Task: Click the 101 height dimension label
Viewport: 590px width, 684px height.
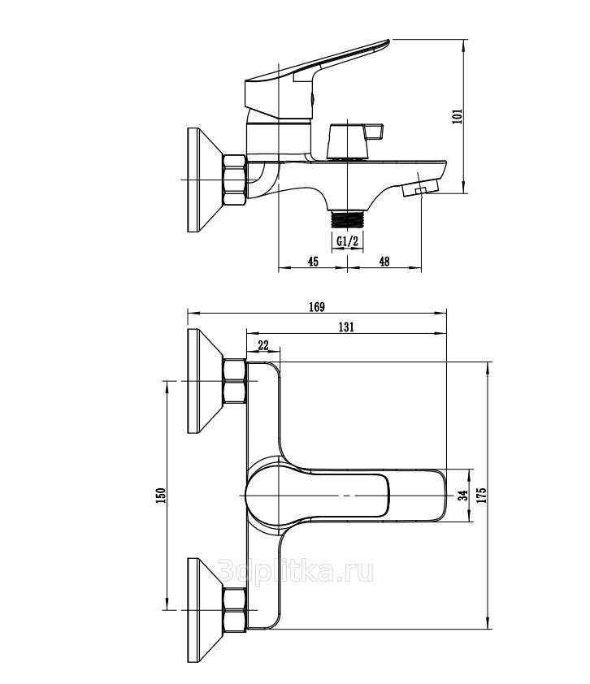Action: coord(457,116)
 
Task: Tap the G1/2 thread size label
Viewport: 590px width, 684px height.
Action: coord(347,240)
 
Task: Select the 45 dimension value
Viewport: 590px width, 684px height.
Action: coord(313,262)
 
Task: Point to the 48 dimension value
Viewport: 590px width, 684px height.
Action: coord(384,262)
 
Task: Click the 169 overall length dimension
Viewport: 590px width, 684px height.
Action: coord(317,307)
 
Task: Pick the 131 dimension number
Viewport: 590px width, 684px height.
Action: coord(346,327)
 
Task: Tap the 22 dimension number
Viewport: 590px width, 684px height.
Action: coord(263,345)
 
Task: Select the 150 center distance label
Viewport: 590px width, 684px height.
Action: coord(161,496)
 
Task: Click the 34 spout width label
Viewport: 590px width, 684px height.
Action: coord(463,495)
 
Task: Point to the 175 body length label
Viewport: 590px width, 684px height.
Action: coord(481,495)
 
